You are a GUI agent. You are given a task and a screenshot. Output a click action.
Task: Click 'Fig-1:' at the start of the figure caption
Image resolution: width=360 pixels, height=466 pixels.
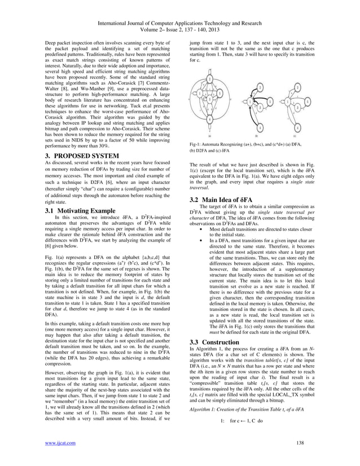(x=197, y=146)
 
